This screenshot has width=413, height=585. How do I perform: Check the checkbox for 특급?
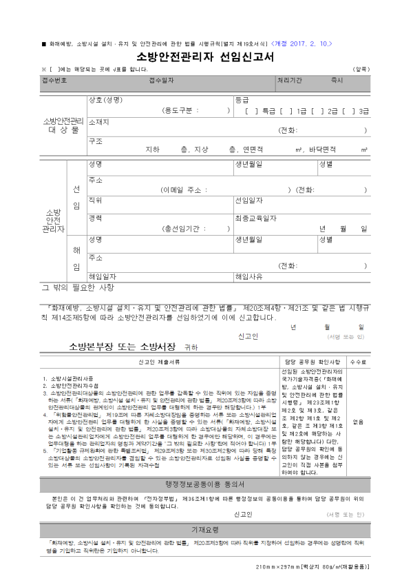coord(251,110)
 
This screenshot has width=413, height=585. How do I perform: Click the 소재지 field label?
coord(99,121)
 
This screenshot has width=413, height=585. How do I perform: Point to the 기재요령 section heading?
coord(206,530)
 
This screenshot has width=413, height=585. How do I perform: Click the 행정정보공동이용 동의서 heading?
coord(206,484)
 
